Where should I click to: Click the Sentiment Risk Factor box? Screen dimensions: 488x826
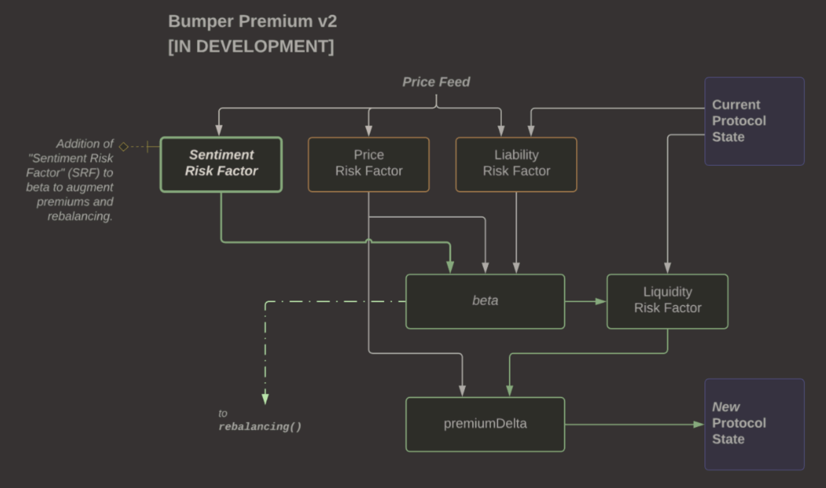coord(221,164)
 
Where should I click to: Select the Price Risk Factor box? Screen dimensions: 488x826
coord(368,164)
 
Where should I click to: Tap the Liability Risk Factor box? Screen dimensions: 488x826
coord(516,164)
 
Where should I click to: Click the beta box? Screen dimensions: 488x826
coord(485,301)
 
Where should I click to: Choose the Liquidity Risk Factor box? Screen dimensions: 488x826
coord(667,301)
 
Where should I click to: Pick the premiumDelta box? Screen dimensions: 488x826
coord(485,424)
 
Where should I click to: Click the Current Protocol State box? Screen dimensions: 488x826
coord(754,121)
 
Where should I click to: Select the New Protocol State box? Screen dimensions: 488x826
coord(754,424)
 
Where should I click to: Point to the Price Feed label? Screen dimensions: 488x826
coord(436,82)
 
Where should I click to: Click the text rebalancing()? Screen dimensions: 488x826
coord(260,427)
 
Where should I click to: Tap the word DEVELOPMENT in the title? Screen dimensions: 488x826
coord(265,46)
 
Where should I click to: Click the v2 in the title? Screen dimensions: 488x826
coord(327,21)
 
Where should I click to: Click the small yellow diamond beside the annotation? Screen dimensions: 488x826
coord(124,147)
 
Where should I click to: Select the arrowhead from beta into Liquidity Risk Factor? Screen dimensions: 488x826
coord(601,301)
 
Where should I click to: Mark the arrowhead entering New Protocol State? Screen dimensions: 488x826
coord(699,425)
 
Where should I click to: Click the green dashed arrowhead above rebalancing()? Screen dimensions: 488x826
coord(265,399)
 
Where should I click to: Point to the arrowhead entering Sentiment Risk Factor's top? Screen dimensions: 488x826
coord(219,131)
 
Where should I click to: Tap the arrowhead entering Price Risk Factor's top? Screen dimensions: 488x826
coord(368,131)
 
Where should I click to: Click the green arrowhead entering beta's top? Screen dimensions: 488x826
coord(450,268)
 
